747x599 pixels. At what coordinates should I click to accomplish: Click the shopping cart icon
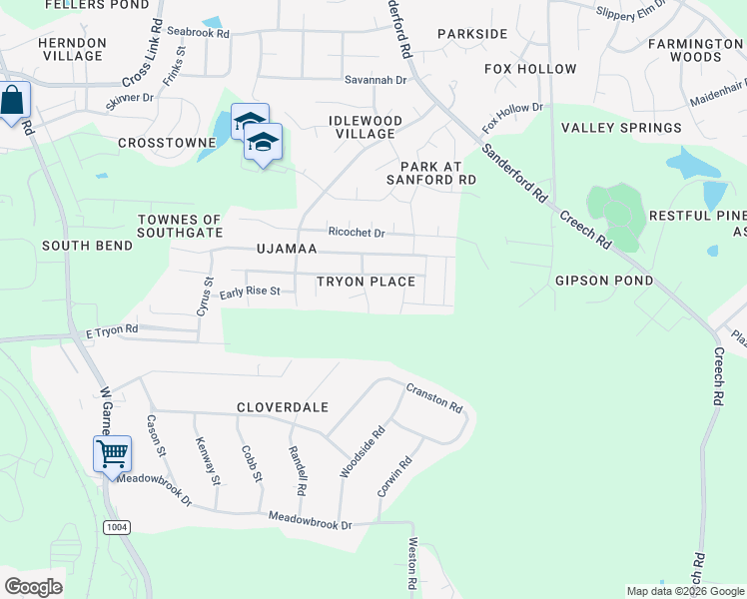click(x=112, y=454)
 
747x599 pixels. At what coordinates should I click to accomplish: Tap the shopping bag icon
click(x=13, y=101)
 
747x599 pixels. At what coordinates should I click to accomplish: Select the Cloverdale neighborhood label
click(x=283, y=407)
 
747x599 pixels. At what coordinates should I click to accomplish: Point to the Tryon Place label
click(x=366, y=282)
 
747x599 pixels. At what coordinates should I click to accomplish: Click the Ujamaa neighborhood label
click(x=287, y=248)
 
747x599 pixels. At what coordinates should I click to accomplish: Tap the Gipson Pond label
click(x=604, y=281)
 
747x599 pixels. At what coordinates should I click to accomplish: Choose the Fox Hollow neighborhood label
click(x=530, y=69)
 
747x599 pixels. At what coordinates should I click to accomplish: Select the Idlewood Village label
click(x=365, y=127)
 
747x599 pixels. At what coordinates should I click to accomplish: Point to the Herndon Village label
click(x=72, y=49)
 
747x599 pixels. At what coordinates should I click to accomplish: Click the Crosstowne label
click(x=167, y=143)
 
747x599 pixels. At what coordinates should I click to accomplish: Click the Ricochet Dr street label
click(x=357, y=233)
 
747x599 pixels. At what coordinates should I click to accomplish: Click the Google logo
click(x=33, y=587)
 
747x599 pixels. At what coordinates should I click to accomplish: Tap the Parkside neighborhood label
click(x=472, y=34)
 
